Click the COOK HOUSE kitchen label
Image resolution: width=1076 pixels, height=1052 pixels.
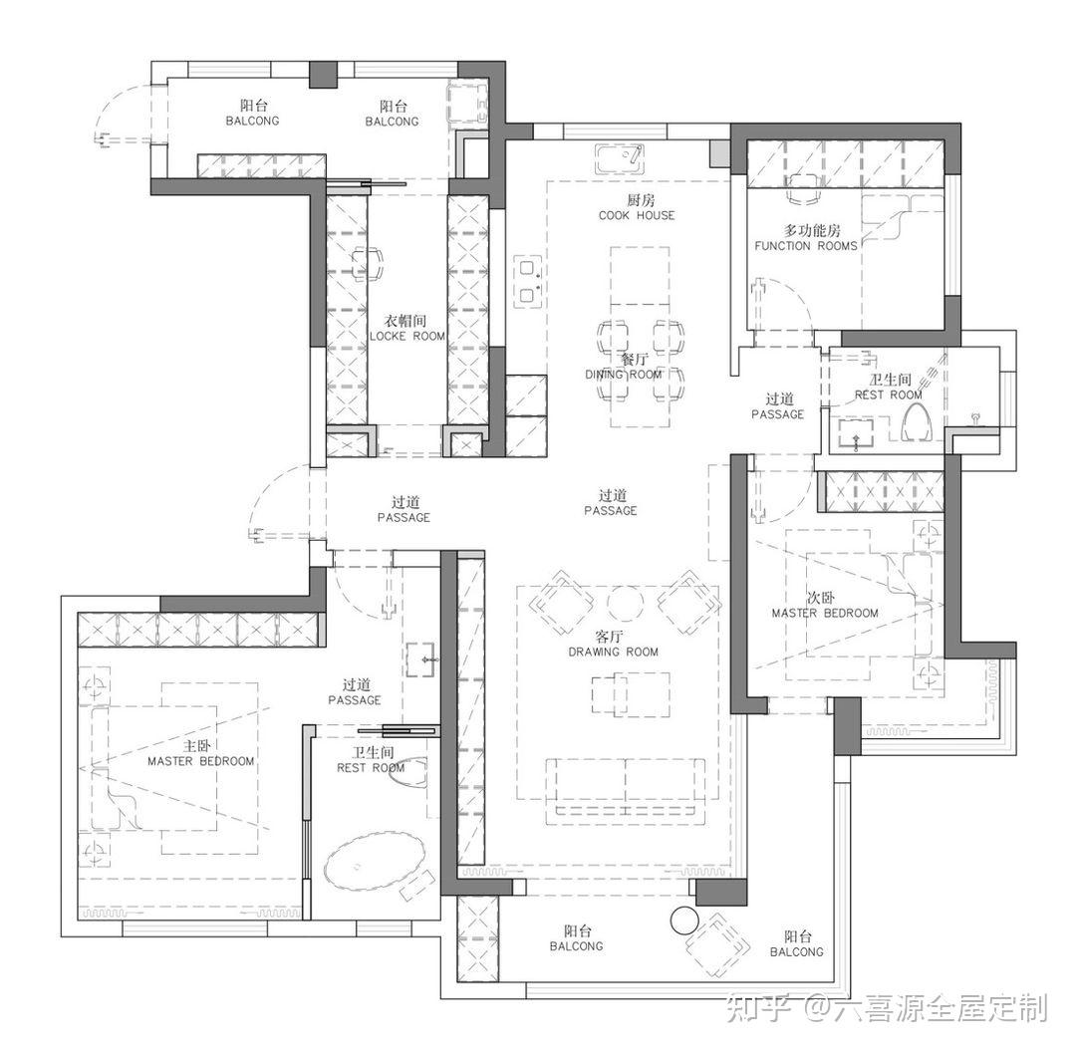tap(637, 215)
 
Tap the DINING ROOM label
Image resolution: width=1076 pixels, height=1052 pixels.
tap(623, 375)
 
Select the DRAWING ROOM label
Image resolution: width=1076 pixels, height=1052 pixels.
tap(613, 652)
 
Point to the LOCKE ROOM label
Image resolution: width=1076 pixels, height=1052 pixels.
tap(406, 337)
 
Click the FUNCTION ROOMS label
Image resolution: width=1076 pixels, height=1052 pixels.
tap(806, 246)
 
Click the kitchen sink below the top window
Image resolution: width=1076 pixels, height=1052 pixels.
tap(619, 160)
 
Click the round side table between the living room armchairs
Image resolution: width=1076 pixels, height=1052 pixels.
tap(626, 602)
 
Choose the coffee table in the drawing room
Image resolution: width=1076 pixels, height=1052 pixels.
tap(631, 694)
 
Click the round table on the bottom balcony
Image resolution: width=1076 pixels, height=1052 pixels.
tap(683, 920)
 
